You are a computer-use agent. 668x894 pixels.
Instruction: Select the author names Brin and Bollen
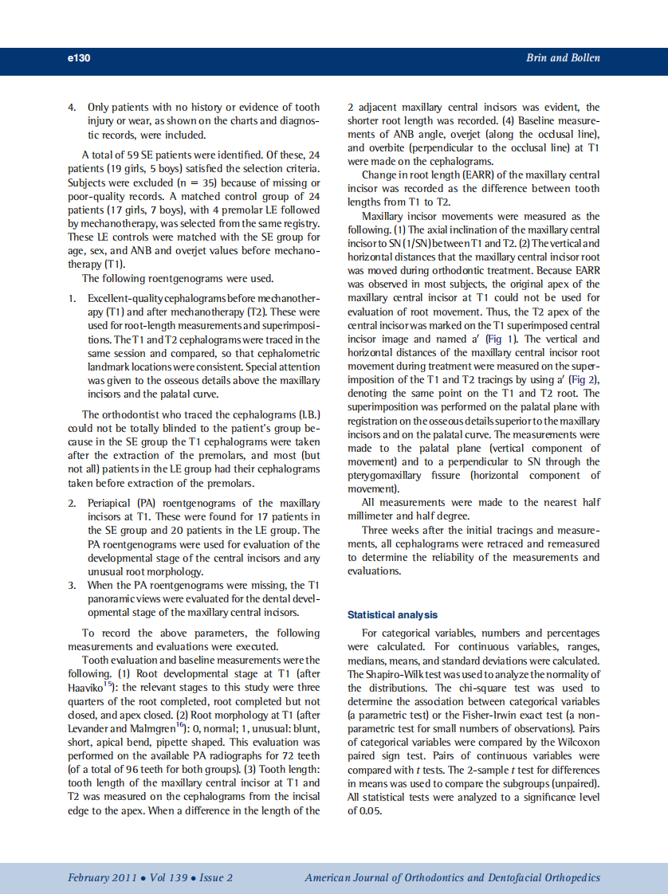click(563, 58)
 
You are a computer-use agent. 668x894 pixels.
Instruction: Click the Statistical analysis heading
click(392, 615)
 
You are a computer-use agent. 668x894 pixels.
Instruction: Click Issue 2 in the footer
click(216, 878)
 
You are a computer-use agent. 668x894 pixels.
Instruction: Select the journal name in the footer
click(452, 878)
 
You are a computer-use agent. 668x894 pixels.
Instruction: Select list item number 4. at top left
click(72, 107)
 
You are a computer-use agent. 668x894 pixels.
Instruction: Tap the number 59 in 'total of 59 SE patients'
click(135, 155)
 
